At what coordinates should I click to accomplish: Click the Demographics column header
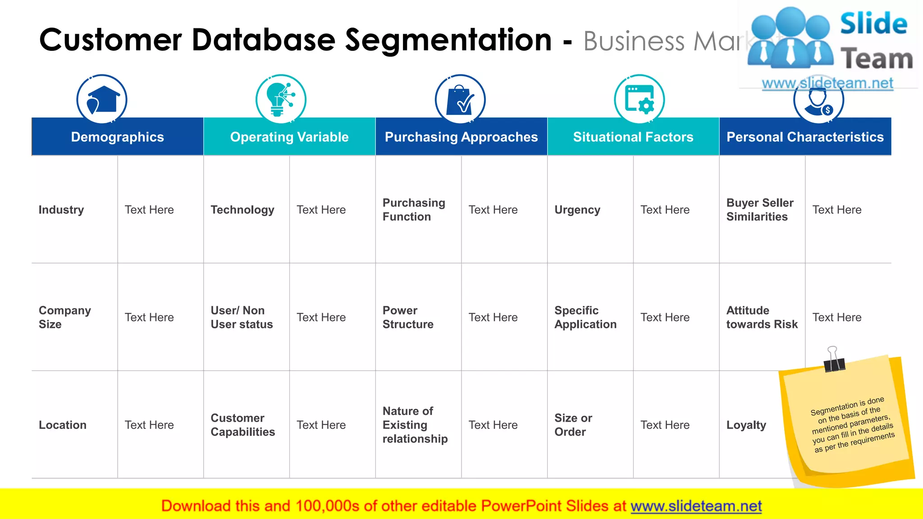(117, 137)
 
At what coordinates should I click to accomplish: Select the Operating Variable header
(289, 137)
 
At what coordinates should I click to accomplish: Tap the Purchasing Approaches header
(461, 137)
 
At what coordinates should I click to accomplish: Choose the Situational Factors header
(633, 137)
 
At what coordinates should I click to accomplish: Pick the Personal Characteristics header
(805, 137)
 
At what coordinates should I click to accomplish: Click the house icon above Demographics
(102, 99)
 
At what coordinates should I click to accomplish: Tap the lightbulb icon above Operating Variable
(280, 99)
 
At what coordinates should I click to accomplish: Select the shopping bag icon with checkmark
(460, 99)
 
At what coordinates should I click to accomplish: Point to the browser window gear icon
(639, 99)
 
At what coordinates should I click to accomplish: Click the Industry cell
(61, 210)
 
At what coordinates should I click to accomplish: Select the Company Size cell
(64, 317)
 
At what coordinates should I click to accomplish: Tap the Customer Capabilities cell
(242, 425)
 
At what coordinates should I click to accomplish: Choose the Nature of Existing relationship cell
(415, 425)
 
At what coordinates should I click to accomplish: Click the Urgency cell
(577, 210)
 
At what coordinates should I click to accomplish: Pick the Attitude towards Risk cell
(762, 317)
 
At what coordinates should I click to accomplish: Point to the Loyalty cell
(746, 425)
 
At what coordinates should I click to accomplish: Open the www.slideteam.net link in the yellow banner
(696, 506)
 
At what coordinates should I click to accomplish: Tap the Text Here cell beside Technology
(321, 210)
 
